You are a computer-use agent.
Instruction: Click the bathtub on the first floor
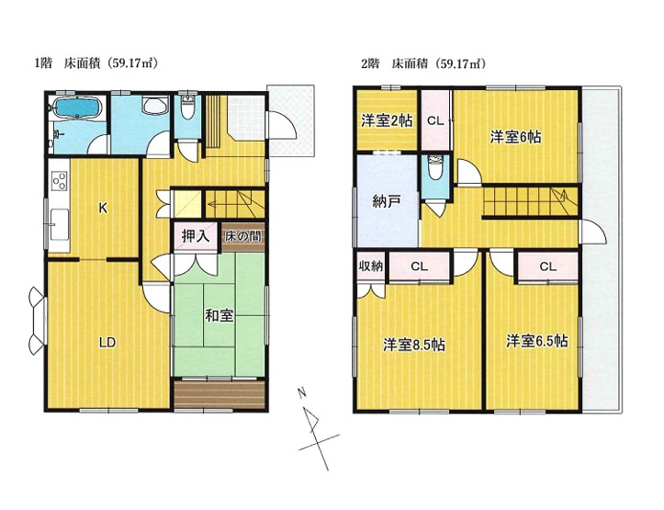76,108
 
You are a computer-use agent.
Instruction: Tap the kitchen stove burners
59,181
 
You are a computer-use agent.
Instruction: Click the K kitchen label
103,208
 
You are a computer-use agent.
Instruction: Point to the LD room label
107,343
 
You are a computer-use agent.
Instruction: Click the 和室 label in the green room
219,315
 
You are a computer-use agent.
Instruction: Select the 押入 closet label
196,236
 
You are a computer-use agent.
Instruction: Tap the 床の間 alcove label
243,236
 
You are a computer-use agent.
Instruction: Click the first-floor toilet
187,108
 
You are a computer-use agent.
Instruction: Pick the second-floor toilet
434,168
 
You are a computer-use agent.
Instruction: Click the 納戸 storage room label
387,201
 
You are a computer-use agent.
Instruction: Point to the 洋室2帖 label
387,120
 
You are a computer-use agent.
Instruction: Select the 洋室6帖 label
516,137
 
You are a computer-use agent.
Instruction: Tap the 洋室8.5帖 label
413,345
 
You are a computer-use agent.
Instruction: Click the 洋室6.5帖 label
537,341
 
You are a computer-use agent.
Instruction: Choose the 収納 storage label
371,266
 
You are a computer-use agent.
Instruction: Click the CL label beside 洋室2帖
435,121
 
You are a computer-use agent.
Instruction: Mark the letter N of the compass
302,392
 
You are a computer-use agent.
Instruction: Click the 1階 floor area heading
96,64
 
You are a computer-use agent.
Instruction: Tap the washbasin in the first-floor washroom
154,105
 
